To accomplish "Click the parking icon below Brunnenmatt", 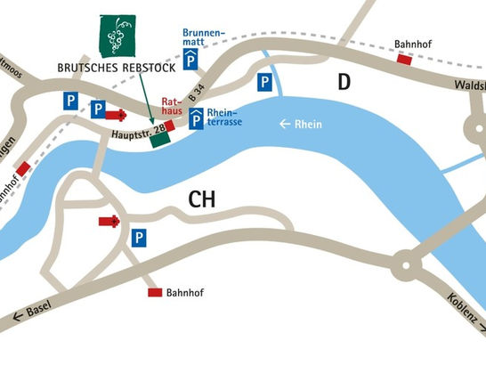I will point(192,61).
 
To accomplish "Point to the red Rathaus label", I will point(173,107).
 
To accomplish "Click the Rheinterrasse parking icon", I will point(195,117).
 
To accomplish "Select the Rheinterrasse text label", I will point(224,117).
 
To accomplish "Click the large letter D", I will point(344,83).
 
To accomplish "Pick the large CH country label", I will point(203,201).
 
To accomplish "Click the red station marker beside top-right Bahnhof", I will point(405,60).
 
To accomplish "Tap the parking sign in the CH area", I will point(139,238).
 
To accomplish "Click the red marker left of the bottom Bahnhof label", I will point(154,292).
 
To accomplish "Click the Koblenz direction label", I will point(464,311).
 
